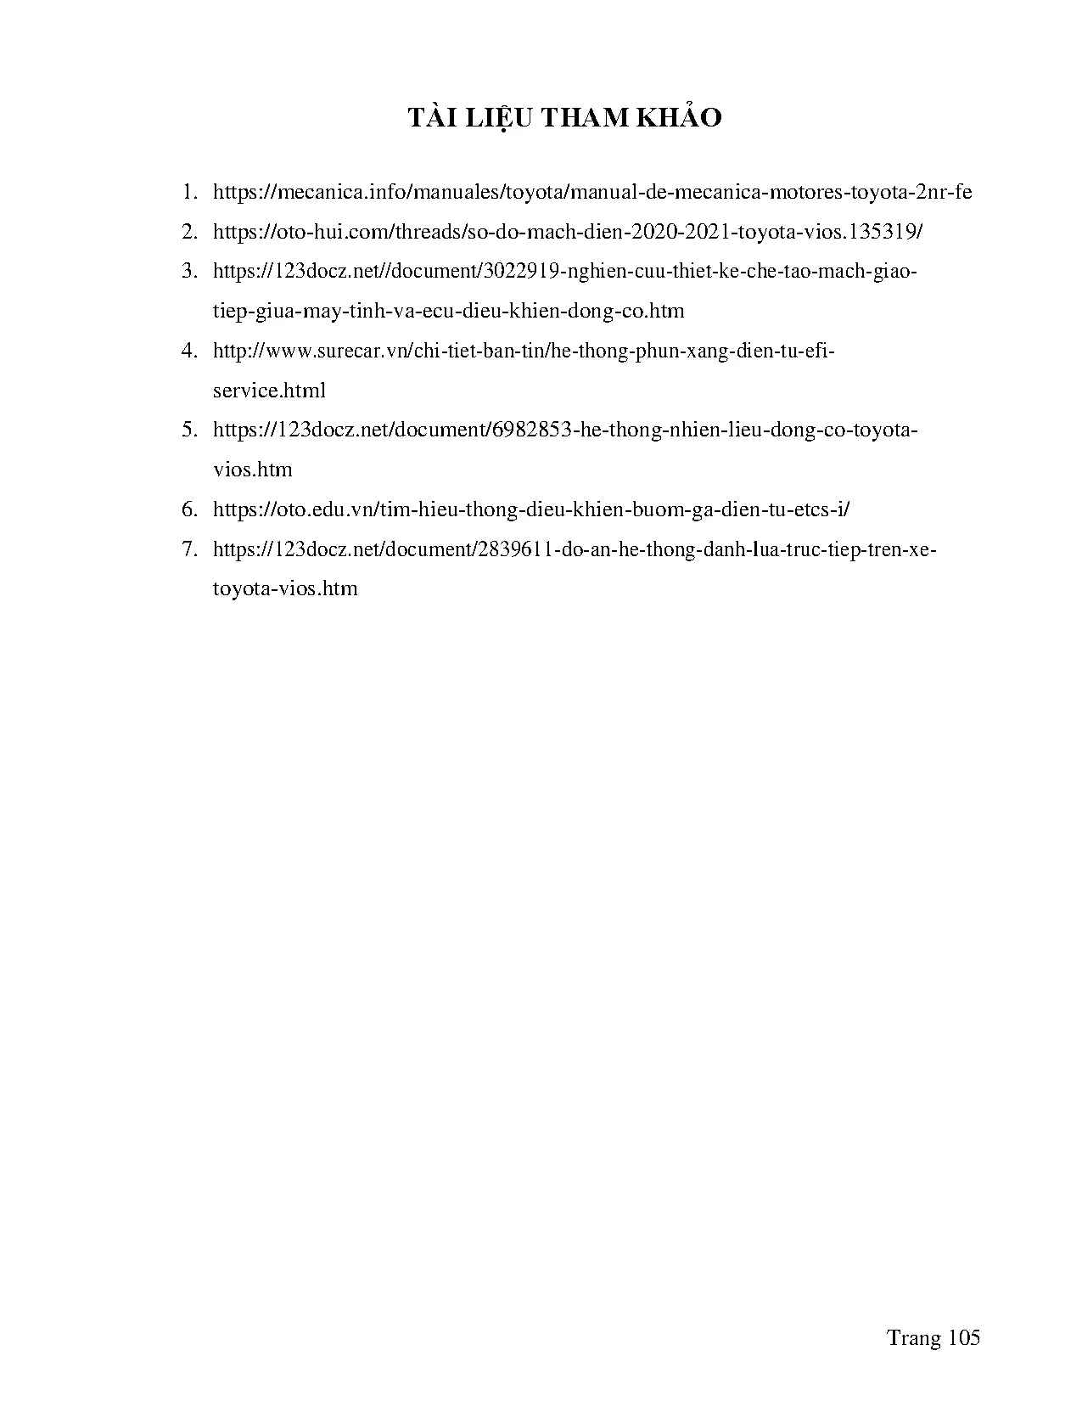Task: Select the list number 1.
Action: click(189, 192)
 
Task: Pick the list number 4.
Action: click(189, 351)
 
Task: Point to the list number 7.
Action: click(189, 549)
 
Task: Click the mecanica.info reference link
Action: click(592, 192)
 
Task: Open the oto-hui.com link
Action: click(567, 232)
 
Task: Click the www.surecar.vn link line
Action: click(524, 351)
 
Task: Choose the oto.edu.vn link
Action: click(531, 509)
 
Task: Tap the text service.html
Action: click(269, 391)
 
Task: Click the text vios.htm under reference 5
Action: click(253, 470)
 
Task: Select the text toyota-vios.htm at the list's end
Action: click(285, 588)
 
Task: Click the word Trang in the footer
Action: click(914, 1339)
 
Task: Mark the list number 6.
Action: click(189, 509)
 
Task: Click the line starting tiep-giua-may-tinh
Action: click(448, 311)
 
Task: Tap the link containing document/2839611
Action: click(575, 549)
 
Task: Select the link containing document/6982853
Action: click(565, 430)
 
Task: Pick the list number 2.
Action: click(189, 232)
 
